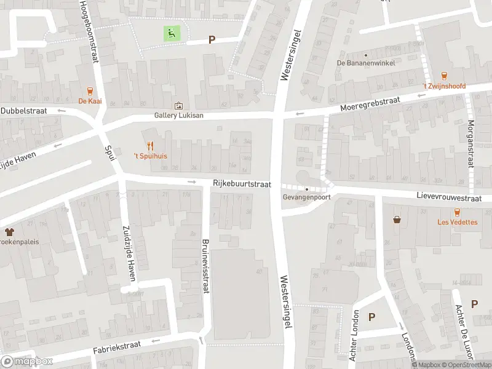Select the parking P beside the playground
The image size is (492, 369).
pyautogui.click(x=212, y=39)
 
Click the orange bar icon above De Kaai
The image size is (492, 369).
pyautogui.click(x=90, y=90)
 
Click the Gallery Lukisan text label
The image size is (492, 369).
pyautogui.click(x=178, y=115)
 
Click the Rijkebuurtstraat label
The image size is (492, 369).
pyautogui.click(x=242, y=183)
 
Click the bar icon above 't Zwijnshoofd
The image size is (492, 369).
pyautogui.click(x=444, y=75)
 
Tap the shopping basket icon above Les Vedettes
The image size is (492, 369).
pyautogui.click(x=397, y=219)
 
